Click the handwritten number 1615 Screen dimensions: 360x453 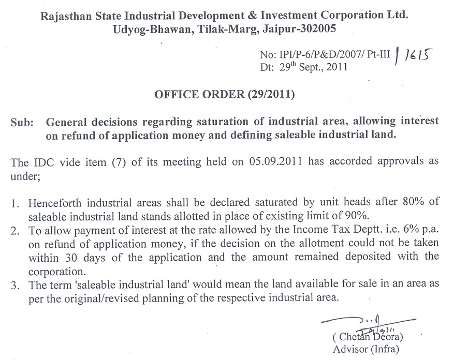pyautogui.click(x=418, y=56)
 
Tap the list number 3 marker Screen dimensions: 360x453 pyautogui.click(x=14, y=285)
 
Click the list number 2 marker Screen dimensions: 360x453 pyautogui.click(x=14, y=231)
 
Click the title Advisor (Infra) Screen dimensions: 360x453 pyautogui.click(x=366, y=349)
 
